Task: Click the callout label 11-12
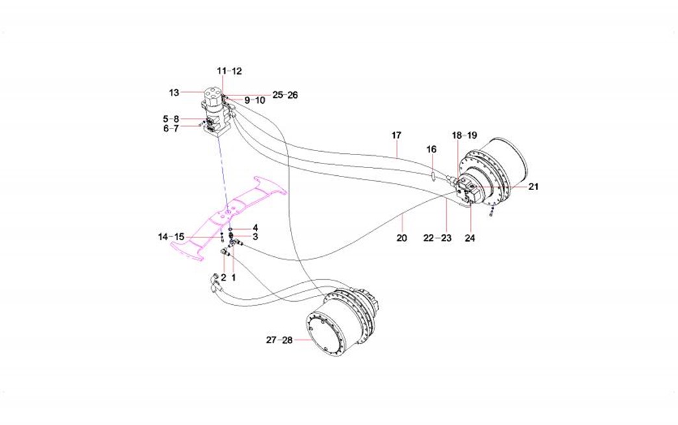click(229, 70)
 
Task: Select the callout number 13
click(173, 93)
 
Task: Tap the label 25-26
click(284, 95)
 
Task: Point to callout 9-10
click(255, 101)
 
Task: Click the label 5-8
click(171, 119)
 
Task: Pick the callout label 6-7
click(171, 128)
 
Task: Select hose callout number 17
click(396, 135)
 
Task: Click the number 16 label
click(431, 149)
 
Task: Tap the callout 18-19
click(464, 135)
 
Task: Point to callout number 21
click(533, 186)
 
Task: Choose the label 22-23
click(437, 238)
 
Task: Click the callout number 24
click(470, 238)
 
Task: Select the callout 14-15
click(171, 236)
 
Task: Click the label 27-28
click(281, 340)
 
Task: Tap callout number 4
click(256, 228)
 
